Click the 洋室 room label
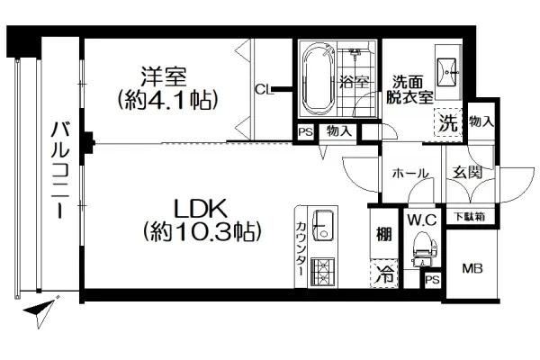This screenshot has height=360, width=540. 164,76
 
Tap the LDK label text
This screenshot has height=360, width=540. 200,209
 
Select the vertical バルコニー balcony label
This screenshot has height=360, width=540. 60,170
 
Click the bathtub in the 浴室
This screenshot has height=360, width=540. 319,79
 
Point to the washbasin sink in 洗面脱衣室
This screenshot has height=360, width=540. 447,72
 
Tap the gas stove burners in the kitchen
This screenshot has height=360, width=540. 323,272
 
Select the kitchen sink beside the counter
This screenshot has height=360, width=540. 323,226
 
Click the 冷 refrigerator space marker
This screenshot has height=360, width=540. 384,274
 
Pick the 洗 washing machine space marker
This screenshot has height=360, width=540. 447,122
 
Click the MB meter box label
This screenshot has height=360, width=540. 472,268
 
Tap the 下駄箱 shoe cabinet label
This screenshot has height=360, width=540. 470,217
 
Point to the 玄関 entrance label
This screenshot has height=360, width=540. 467,172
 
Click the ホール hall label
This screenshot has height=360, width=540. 410,173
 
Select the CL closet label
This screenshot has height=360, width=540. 264,90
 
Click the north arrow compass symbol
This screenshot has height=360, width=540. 41,310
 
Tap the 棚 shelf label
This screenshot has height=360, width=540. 383,235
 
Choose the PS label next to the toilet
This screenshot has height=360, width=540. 432,280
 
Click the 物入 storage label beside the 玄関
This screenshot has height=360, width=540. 481,121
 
